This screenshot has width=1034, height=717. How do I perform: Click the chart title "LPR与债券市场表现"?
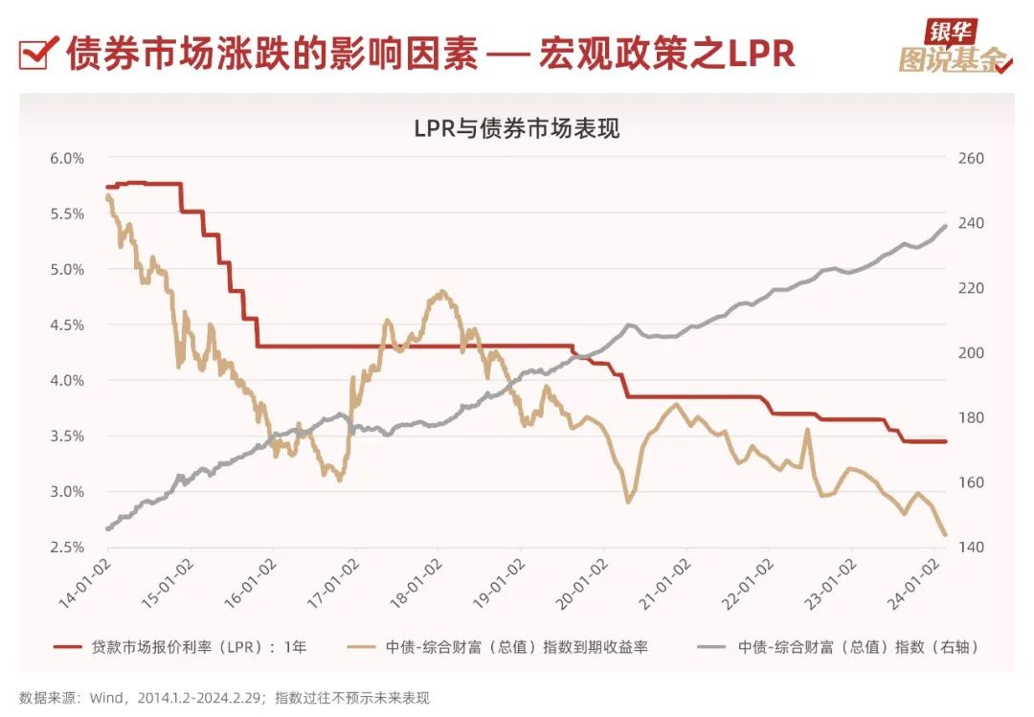pos(517,128)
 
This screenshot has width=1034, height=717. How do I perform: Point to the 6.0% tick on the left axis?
pos(67,158)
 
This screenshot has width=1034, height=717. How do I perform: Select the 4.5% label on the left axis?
pos(67,325)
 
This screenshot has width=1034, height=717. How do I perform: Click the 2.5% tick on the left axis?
pos(67,547)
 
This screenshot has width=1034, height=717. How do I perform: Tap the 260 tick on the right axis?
pos(970,158)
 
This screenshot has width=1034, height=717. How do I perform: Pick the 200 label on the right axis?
pos(970,352)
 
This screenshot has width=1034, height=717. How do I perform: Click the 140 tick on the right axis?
pos(970,547)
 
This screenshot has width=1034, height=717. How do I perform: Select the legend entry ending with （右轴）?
pos(858,647)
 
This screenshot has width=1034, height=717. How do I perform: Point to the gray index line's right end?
pos(946,226)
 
